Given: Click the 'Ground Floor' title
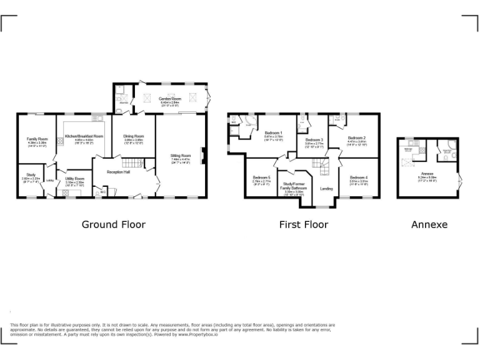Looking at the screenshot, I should point(113,224).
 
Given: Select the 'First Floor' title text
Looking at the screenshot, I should point(303,224).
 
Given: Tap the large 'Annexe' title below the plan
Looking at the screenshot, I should point(429,224).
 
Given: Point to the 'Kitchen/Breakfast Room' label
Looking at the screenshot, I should point(84,136).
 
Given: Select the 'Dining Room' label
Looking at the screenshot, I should point(133,136).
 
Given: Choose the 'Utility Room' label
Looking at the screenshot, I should point(74,179).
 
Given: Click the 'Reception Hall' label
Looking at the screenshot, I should point(117,171).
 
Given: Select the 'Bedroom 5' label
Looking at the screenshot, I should point(261,177).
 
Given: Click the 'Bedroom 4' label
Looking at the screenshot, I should point(358,177).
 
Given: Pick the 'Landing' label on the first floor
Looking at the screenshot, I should point(326,188).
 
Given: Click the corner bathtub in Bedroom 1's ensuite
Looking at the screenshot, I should point(251,122).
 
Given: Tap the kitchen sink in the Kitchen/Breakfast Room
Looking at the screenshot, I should point(98,117).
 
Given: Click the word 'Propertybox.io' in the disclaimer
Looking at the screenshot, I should point(198,334).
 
